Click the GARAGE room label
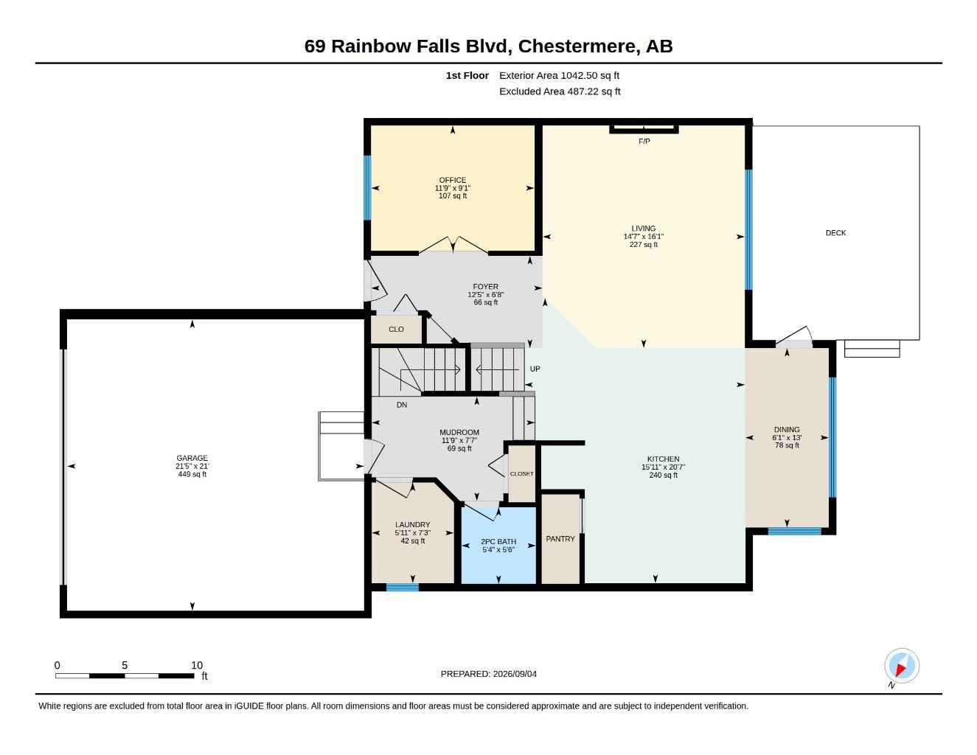click(x=192, y=458)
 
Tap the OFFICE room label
click(x=452, y=180)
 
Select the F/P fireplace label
click(x=644, y=142)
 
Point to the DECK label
click(x=835, y=233)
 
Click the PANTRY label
click(x=560, y=539)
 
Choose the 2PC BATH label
click(x=498, y=541)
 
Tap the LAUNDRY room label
click(x=412, y=524)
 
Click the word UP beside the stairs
click(x=535, y=369)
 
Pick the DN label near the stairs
click(x=402, y=405)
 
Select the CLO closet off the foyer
click(x=396, y=330)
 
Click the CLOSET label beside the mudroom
click(x=521, y=473)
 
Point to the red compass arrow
click(x=900, y=669)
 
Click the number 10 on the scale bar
click(x=197, y=665)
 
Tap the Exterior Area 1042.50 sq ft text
click(x=559, y=75)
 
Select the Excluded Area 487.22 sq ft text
click(x=560, y=91)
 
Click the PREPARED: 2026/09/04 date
click(x=488, y=674)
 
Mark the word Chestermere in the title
click(x=579, y=46)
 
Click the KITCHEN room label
click(x=663, y=459)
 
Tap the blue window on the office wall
click(x=367, y=188)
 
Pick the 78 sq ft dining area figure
click(x=787, y=445)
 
